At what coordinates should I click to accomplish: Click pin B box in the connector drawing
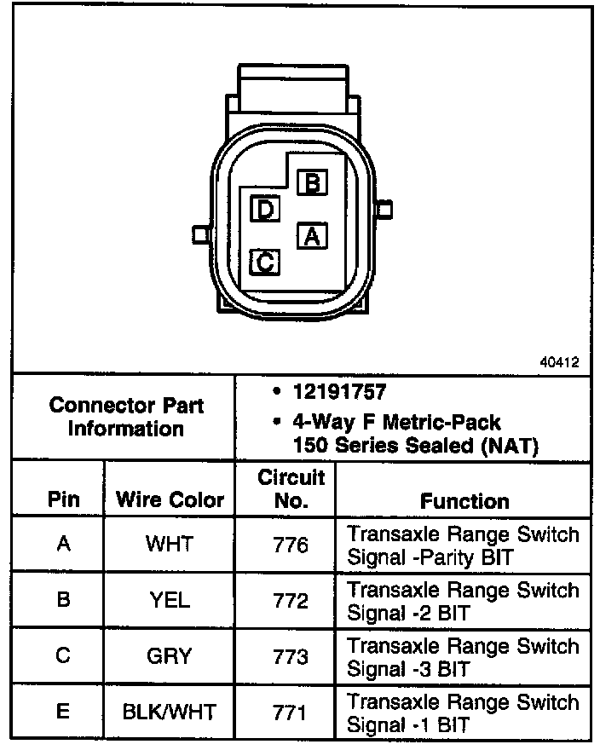pos(313,182)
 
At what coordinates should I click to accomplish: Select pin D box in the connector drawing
pos(266,209)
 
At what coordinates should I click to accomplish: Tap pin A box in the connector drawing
pos(312,235)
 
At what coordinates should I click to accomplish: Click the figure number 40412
pos(559,361)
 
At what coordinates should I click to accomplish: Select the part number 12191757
pos(339,393)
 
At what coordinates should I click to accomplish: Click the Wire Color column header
pos(170,500)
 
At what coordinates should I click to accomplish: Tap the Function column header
pos(464,501)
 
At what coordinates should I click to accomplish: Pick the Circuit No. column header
pos(291,489)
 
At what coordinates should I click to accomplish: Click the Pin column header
pos(64,500)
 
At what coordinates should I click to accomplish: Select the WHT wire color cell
pos(170,544)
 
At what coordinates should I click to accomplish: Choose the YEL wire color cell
pos(170,600)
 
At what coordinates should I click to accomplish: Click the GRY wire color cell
pos(170,656)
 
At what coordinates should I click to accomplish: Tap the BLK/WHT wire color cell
pos(170,712)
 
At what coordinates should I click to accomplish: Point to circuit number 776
pos(291,544)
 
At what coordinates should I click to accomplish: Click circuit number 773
pos(291,656)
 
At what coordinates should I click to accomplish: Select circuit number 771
pos(291,712)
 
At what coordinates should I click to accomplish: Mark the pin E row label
pos(63,712)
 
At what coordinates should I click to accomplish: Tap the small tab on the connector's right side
pos(384,209)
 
